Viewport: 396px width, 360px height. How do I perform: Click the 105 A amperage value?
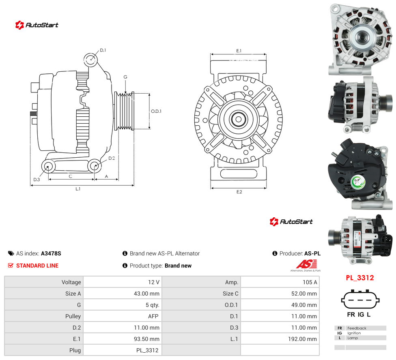click(310, 282)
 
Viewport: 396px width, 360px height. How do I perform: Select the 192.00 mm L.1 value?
click(302, 339)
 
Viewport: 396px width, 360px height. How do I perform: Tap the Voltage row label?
click(71, 282)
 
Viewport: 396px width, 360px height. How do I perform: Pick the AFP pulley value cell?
click(153, 316)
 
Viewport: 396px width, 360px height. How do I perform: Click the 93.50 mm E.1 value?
click(146, 339)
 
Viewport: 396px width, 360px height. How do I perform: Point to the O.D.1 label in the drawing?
click(156, 111)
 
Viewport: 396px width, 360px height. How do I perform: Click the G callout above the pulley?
click(125, 77)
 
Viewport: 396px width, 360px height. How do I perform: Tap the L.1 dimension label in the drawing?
click(78, 189)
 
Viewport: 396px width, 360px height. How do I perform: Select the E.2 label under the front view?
click(239, 192)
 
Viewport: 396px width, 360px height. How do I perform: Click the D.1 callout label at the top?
click(103, 50)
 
